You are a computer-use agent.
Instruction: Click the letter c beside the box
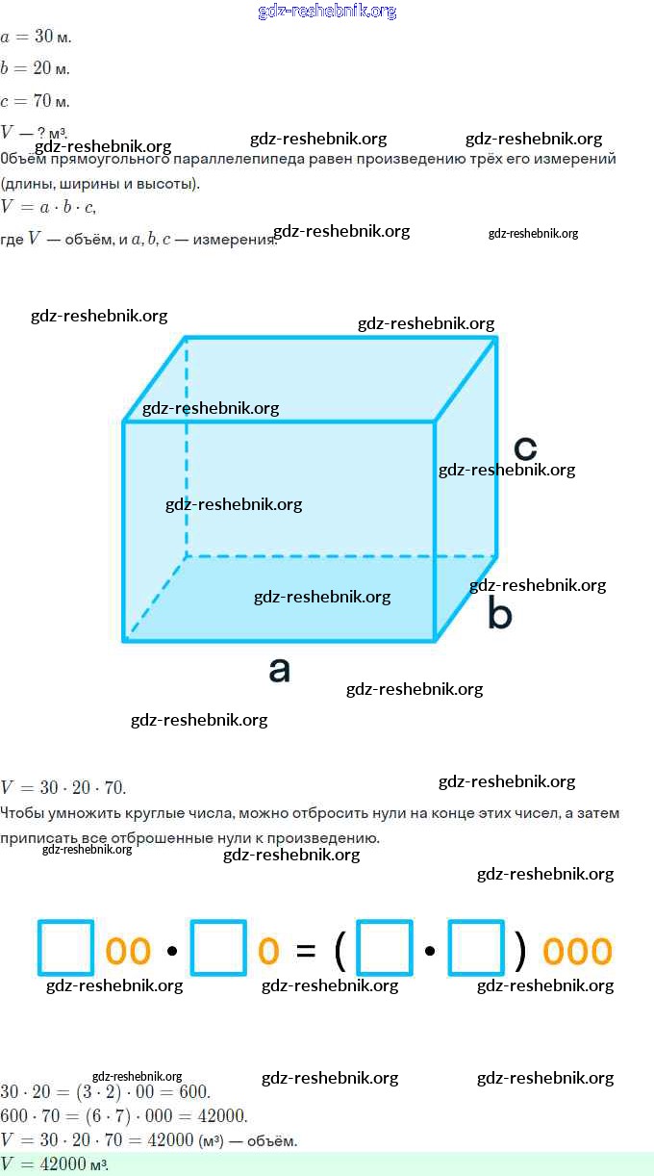point(524,448)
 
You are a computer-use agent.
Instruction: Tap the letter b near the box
point(499,613)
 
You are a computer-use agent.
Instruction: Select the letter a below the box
point(279,669)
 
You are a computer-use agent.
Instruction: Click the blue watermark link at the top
point(327,12)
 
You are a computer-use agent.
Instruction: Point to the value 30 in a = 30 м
point(43,37)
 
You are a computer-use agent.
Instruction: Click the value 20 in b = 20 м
point(42,68)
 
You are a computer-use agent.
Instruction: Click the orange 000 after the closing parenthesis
point(577,951)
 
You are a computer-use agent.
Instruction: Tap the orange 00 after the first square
point(128,951)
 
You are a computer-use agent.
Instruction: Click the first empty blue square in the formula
point(66,948)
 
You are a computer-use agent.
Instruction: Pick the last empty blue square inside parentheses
point(476,948)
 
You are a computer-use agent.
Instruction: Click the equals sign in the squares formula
point(306,951)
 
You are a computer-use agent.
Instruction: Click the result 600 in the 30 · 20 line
point(192,1092)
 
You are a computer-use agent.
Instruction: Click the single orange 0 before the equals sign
point(268,951)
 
